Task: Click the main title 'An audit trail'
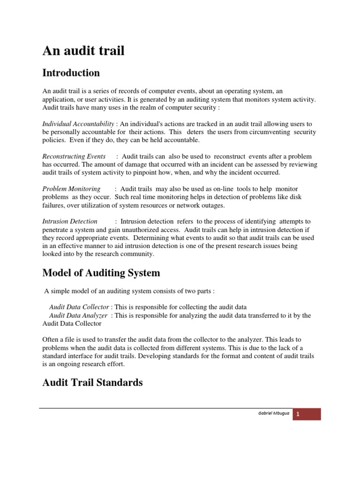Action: coord(83,51)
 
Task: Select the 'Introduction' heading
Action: coord(71,73)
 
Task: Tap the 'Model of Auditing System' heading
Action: coord(101,272)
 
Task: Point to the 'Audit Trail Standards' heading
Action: coord(92,382)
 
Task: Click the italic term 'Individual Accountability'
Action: coord(78,123)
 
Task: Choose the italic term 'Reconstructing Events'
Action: coord(74,156)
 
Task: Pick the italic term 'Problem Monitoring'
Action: coord(71,189)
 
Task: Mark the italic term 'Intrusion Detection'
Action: coord(70,221)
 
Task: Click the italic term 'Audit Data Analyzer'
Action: coord(78,315)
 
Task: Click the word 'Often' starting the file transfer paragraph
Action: coord(51,340)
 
